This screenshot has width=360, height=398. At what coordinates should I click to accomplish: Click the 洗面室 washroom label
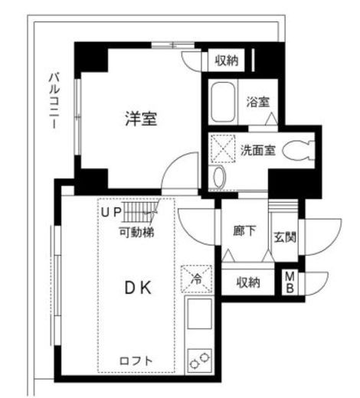pos(257,150)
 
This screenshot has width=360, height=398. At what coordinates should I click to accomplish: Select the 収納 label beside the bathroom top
pos(226,60)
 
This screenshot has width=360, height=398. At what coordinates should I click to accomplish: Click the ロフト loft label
pos(136,360)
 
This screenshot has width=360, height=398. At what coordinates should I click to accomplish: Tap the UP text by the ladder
pos(112,212)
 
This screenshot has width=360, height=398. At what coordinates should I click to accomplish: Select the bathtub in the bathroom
pos(224,103)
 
